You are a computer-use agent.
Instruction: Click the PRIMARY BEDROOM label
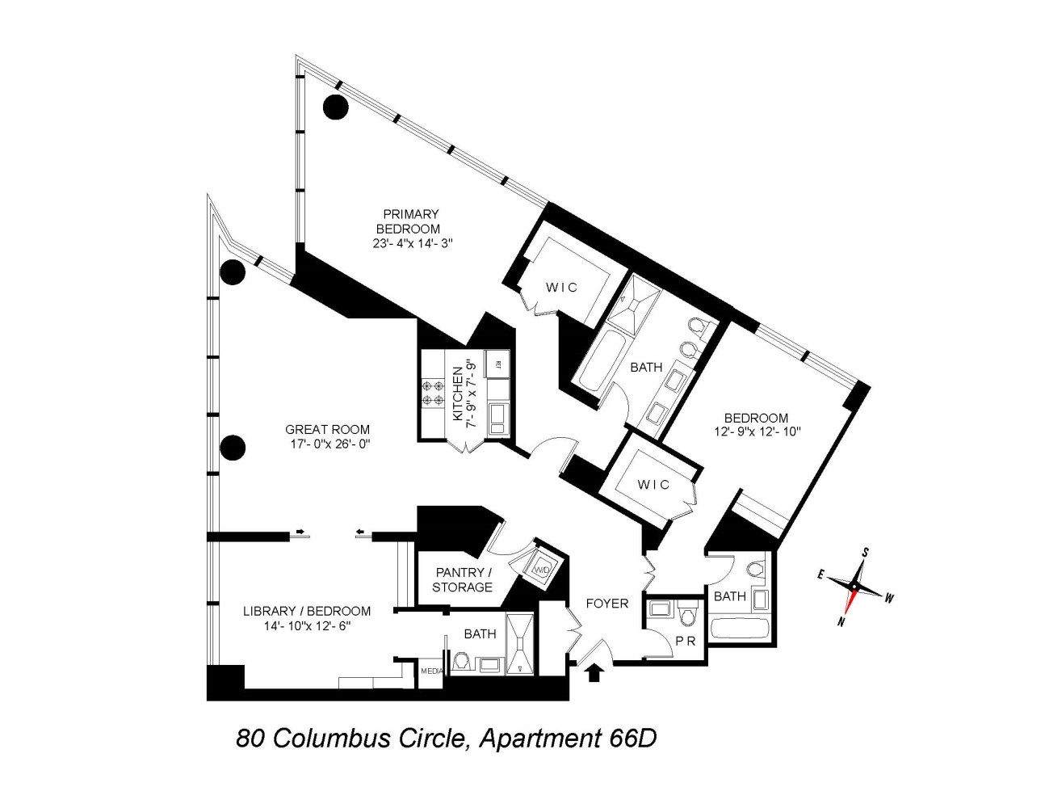[x=410, y=221]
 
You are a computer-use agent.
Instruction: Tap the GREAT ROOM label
[x=327, y=430]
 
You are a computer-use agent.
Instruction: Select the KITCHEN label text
[x=457, y=393]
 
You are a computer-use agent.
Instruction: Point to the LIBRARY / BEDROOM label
[x=307, y=611]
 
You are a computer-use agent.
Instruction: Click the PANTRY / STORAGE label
[x=462, y=579]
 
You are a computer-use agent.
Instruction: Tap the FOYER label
[x=606, y=603]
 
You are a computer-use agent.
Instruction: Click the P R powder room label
[x=686, y=641]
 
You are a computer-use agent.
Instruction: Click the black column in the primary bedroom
[x=336, y=106]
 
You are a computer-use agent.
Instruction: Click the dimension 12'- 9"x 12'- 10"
[x=757, y=431]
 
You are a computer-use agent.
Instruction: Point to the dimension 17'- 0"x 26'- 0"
[x=329, y=444]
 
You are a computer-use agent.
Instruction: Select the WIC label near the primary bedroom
[x=561, y=287]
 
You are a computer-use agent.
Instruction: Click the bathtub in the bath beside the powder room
[x=740, y=629]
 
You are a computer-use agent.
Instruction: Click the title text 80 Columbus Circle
[x=350, y=738]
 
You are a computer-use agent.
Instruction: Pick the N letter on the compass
[x=841, y=622]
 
